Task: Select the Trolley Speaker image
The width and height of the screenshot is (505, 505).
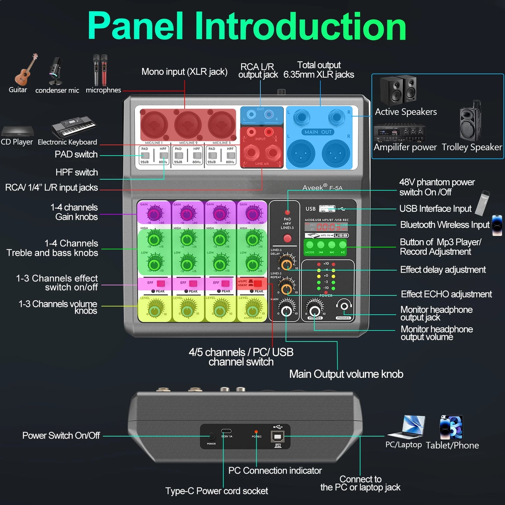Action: (470, 121)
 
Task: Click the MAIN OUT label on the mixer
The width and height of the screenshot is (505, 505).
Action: (318, 132)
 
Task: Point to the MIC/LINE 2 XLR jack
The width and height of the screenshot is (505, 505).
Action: (188, 125)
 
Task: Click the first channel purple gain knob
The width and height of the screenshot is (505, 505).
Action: (153, 213)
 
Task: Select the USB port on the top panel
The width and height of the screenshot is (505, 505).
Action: (327, 209)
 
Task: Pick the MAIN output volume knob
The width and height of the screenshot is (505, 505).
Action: (286, 310)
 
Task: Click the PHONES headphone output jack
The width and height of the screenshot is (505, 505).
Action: (344, 306)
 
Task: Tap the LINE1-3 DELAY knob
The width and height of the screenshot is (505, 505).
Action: (287, 263)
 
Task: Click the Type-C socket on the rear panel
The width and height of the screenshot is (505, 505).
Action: (226, 431)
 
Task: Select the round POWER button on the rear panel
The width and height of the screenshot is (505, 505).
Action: (211, 436)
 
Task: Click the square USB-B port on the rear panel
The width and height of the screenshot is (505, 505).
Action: (277, 436)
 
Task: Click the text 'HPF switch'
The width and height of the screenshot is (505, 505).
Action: (77, 172)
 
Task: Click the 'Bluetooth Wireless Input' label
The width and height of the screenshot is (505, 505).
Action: (445, 225)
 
